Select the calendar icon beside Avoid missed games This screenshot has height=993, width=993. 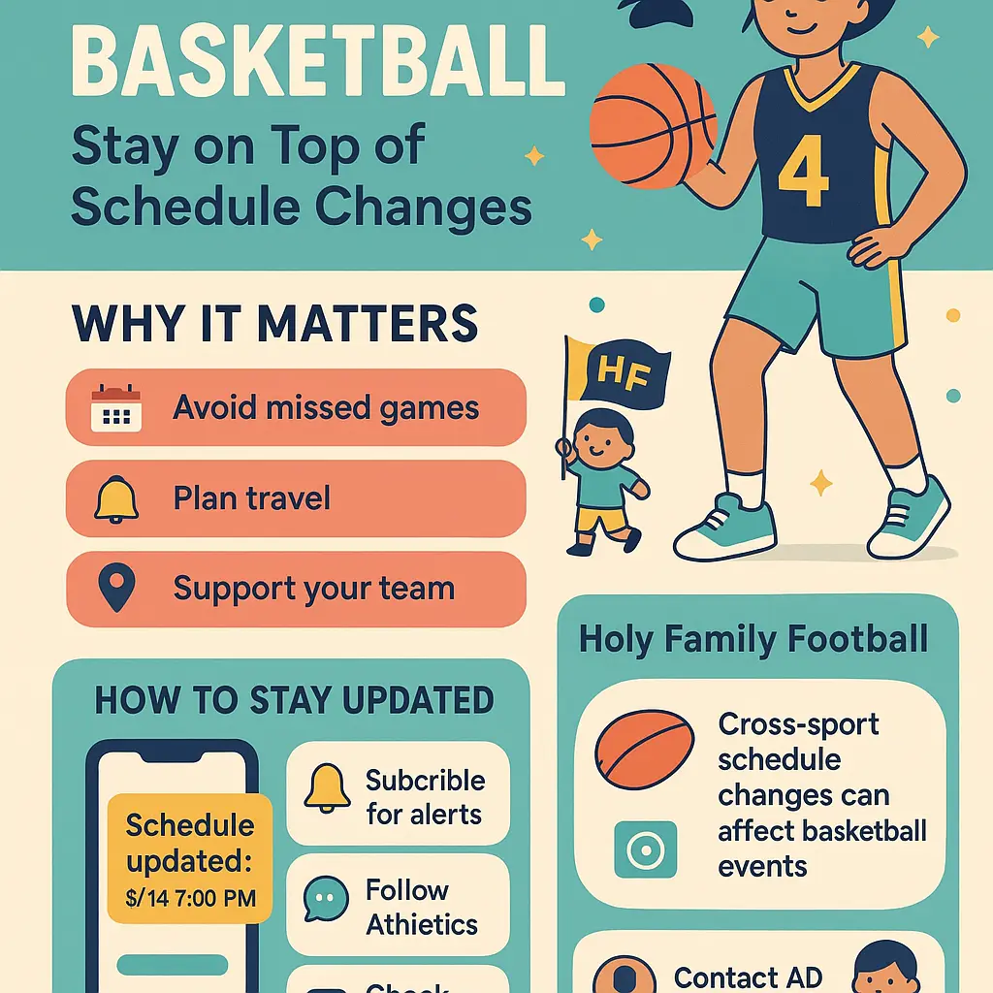pos(115,408)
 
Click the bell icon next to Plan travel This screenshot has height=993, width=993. pos(115,499)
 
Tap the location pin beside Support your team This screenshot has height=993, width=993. pos(115,589)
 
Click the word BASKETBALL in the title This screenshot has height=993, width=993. pos(318,64)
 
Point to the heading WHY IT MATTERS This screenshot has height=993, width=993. pos(274,324)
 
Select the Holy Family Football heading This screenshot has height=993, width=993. pos(753,639)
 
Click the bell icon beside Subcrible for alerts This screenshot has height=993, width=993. pos(327,788)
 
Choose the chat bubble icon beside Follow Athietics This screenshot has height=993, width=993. pos(326,899)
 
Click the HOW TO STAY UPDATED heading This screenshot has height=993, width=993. pos(294,700)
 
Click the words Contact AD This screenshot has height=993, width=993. pos(748,977)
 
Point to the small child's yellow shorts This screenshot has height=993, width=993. pos(601,521)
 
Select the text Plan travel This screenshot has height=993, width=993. pos(251,499)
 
